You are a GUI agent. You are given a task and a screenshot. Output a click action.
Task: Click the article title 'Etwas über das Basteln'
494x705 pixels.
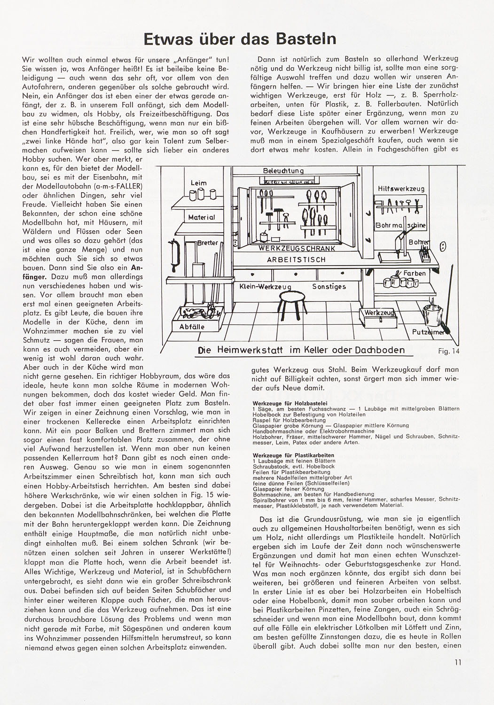click(x=240, y=38)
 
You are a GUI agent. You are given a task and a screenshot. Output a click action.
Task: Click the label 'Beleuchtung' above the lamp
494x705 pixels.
click(x=283, y=171)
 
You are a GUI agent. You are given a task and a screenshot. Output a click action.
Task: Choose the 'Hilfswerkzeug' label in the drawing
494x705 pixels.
click(x=401, y=188)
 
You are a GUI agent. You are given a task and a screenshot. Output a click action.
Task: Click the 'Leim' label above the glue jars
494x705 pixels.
click(x=198, y=183)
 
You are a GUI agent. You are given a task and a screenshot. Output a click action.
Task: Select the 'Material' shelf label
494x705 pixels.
click(x=201, y=217)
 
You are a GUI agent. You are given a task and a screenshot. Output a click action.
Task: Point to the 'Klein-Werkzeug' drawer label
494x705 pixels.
click(x=265, y=287)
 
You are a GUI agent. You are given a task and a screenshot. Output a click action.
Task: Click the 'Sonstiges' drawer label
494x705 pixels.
click(x=329, y=286)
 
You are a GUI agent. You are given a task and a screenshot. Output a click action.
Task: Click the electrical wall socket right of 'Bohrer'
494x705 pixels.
click(x=442, y=246)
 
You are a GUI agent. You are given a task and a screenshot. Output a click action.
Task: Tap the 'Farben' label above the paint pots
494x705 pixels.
click(x=415, y=273)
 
